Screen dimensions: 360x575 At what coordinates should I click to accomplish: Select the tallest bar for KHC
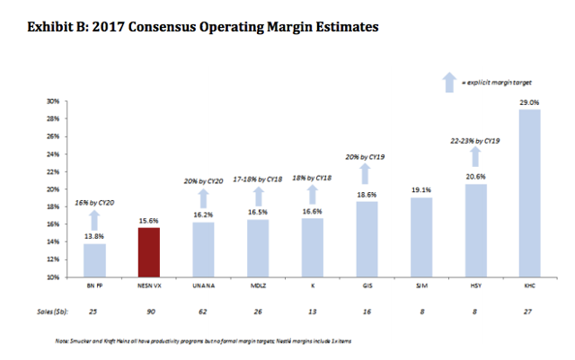[529, 193]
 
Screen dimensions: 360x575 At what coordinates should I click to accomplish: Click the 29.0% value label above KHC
[529, 102]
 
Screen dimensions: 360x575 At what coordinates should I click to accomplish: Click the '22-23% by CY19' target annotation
[475, 141]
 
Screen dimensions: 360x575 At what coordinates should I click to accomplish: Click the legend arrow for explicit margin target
[447, 82]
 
